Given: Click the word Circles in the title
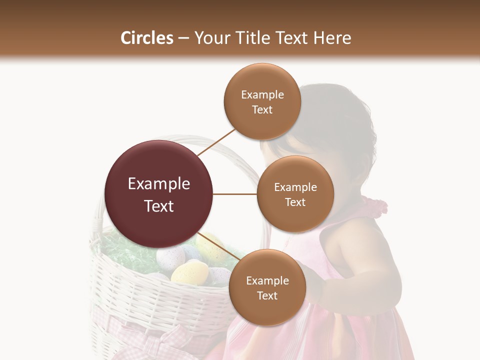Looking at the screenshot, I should tap(147, 38).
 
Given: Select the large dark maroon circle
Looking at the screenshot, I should tap(159, 194).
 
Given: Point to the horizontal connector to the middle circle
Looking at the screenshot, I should tap(235, 194).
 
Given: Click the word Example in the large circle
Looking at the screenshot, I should tap(159, 184).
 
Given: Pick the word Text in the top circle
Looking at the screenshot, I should tap(262, 110).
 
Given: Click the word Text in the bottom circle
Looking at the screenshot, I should tap(267, 296).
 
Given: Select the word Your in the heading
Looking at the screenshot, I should tap(209, 38).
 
